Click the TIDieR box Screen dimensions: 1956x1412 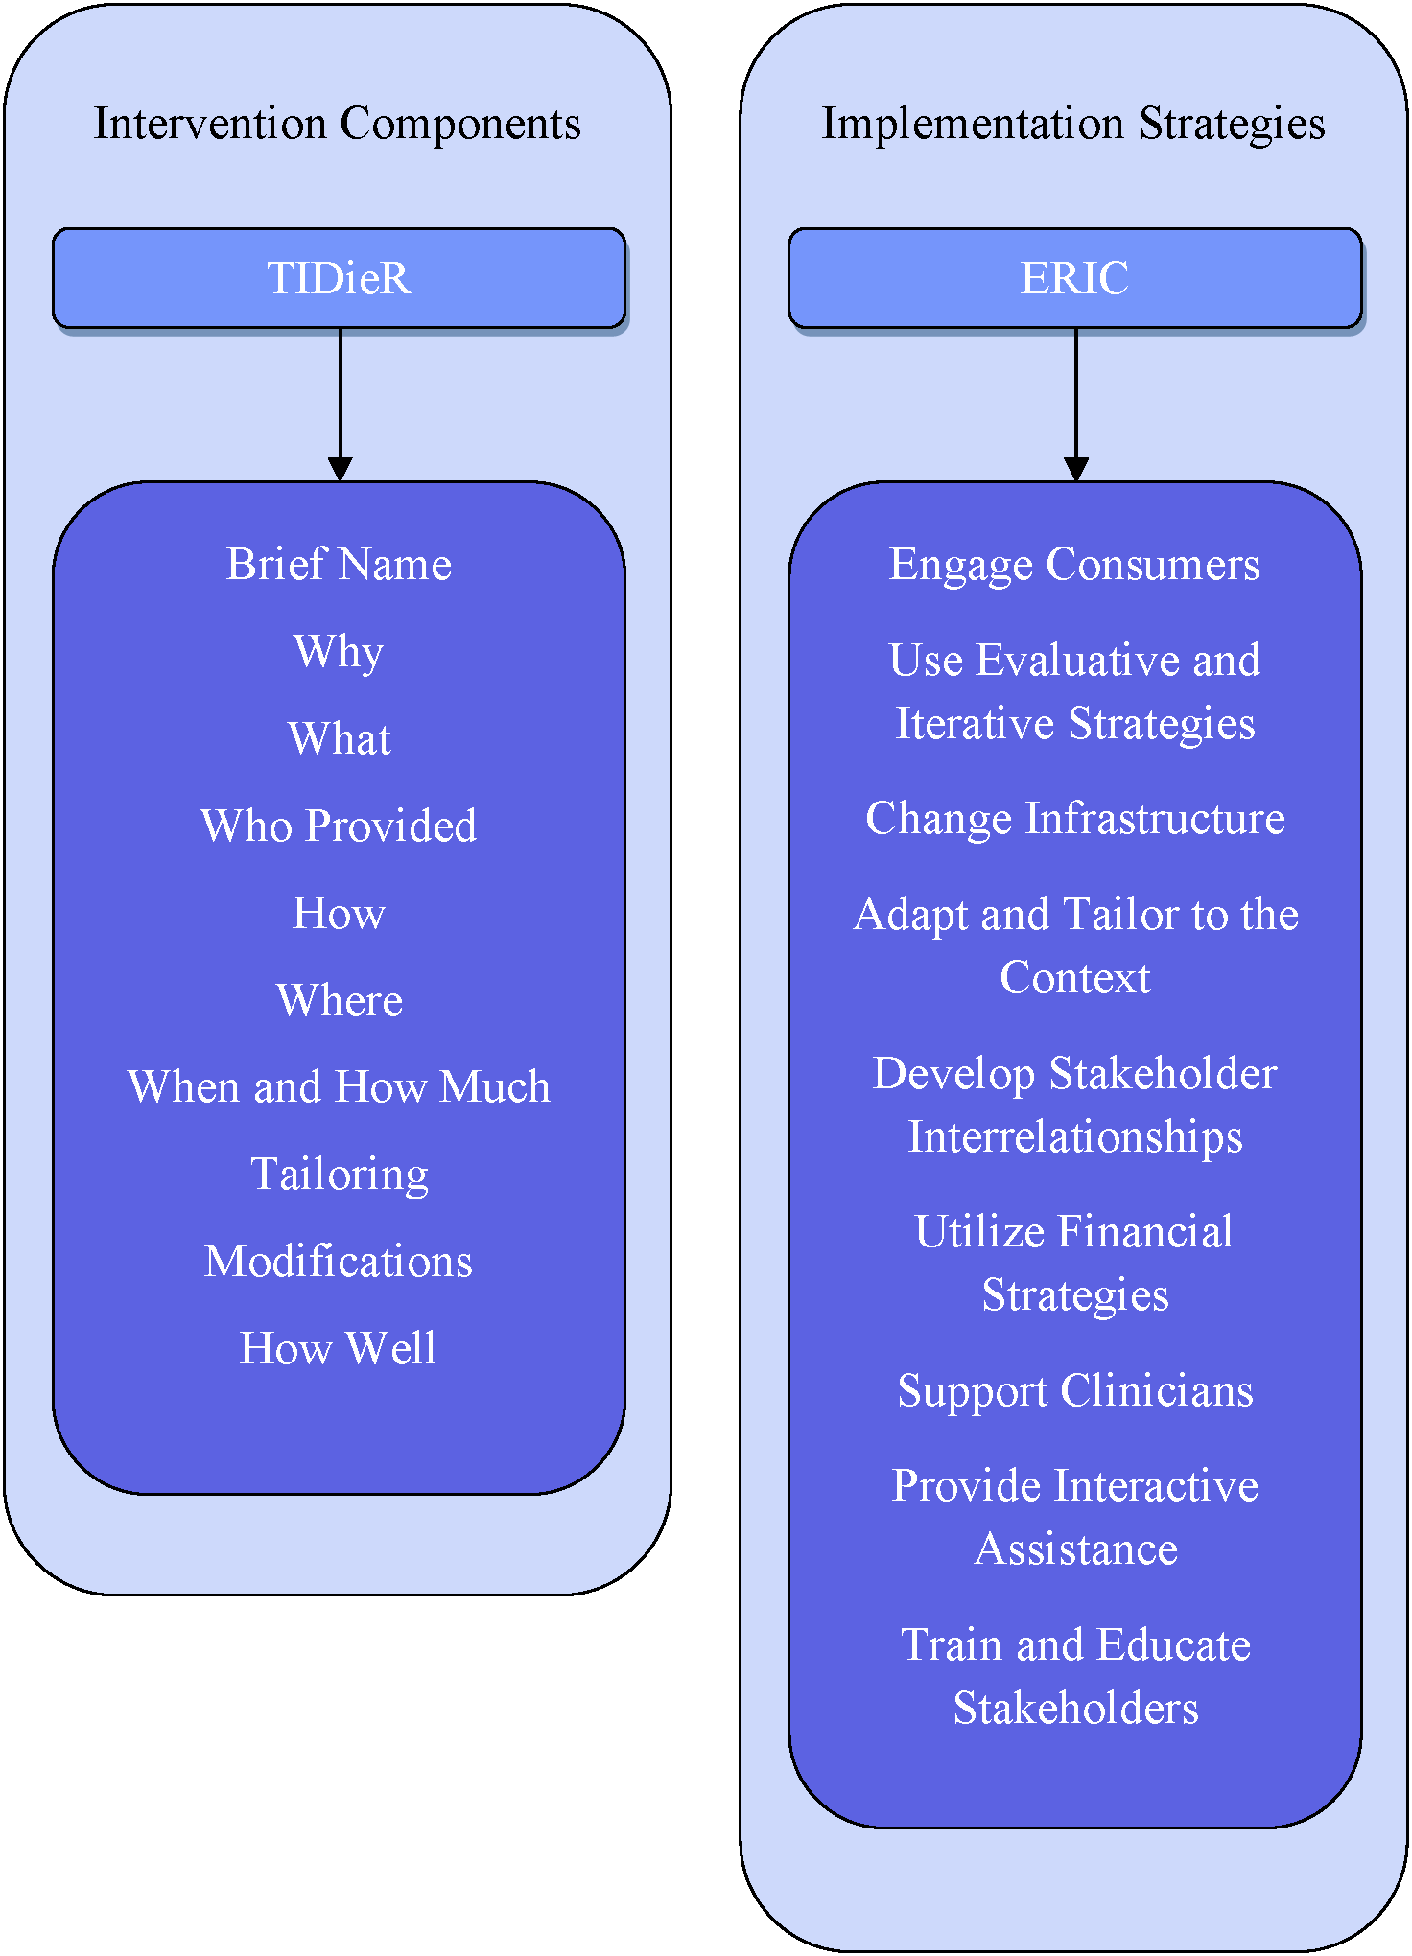[339, 278]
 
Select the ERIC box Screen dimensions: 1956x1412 [1074, 278]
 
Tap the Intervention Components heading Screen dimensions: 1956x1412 [338, 124]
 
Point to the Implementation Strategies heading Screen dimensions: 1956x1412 [1073, 124]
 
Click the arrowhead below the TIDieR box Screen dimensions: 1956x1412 [340, 469]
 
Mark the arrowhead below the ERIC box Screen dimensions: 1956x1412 [1075, 469]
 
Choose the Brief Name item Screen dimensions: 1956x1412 [339, 564]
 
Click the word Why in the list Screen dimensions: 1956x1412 [339, 652]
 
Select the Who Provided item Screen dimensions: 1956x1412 [339, 826]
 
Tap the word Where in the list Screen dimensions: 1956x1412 [340, 1000]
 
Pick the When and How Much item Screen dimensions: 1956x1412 [339, 1087]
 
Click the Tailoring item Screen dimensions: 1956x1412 [340, 1175]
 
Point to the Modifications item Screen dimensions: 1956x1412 [339, 1262]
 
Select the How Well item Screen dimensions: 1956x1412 [338, 1349]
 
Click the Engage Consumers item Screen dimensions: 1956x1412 [1074, 564]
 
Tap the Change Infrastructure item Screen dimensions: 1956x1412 [1074, 819]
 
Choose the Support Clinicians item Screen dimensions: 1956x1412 [1075, 1391]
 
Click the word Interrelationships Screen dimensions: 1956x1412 [1075, 1137]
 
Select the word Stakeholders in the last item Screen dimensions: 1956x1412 [1075, 1709]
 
